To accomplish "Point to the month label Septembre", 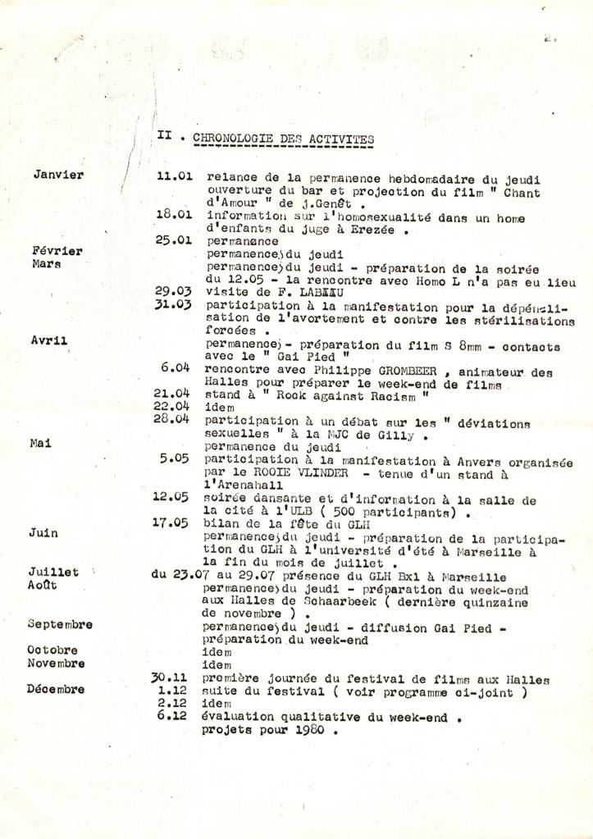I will pyautogui.click(x=60, y=624).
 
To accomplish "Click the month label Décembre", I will pyautogui.click(x=56, y=689).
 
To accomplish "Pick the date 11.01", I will pyautogui.click(x=174, y=176).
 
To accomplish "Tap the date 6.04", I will pyautogui.click(x=176, y=367).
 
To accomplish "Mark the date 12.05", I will pyautogui.click(x=171, y=496).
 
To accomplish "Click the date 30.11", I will pyautogui.click(x=171, y=678).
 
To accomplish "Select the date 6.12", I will pyautogui.click(x=174, y=716).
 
